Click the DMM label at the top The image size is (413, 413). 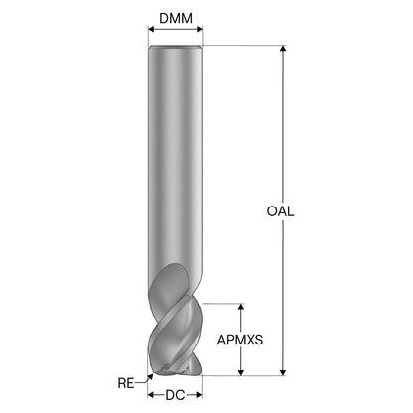click(176, 18)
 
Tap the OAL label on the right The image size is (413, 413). click(280, 211)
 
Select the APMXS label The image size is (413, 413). click(240, 340)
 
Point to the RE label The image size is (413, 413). click(126, 383)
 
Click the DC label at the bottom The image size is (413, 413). click(175, 395)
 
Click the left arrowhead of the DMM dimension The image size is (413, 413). click(151, 29)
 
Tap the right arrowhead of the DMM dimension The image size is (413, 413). click(199, 29)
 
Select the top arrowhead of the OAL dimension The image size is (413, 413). click(283, 49)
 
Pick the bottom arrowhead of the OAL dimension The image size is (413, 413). click(283, 372)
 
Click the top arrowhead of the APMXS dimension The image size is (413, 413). click(241, 307)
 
